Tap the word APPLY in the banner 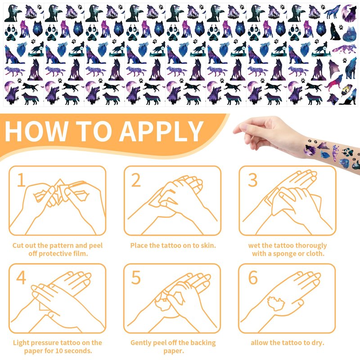[161, 131]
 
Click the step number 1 [21, 180]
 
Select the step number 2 [136, 180]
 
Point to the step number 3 [253, 180]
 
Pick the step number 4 [21, 277]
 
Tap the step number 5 [136, 277]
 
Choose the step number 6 [253, 277]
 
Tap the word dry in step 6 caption [319, 343]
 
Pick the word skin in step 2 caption [208, 246]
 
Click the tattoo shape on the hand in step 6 [275, 303]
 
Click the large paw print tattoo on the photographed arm [347, 152]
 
